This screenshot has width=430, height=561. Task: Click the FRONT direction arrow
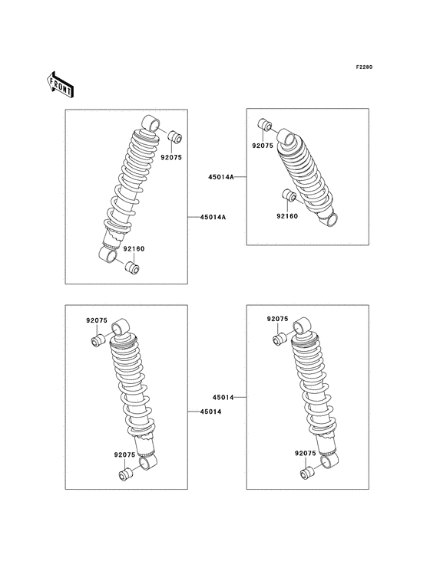click(59, 83)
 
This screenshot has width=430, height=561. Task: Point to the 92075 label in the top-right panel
click(263, 145)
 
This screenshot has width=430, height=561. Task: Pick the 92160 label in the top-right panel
click(288, 217)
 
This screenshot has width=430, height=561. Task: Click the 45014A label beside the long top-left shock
click(213, 218)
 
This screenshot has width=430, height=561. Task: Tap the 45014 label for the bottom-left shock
click(210, 412)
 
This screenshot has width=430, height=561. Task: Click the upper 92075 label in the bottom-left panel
click(97, 320)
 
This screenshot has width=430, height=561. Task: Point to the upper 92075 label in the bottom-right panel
click(277, 318)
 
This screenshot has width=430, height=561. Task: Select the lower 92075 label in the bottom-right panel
click(306, 454)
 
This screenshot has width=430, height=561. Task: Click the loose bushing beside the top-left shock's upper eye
click(174, 137)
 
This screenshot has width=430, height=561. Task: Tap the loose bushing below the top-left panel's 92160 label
click(133, 267)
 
